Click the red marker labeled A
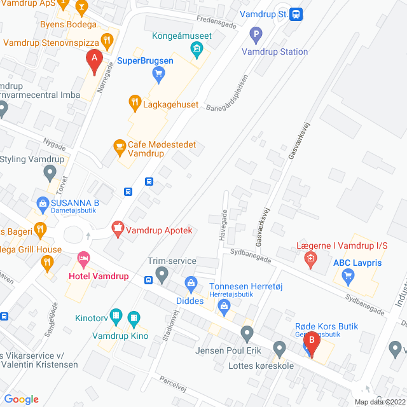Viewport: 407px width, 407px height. (95, 62)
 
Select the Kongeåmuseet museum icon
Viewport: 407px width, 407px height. (197, 48)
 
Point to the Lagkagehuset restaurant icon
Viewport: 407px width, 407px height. (134, 102)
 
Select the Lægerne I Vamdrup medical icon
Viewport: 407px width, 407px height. (310, 258)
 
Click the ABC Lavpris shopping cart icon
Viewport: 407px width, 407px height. (347, 275)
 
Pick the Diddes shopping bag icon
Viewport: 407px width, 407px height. (190, 282)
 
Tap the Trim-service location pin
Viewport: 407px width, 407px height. (162, 275)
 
